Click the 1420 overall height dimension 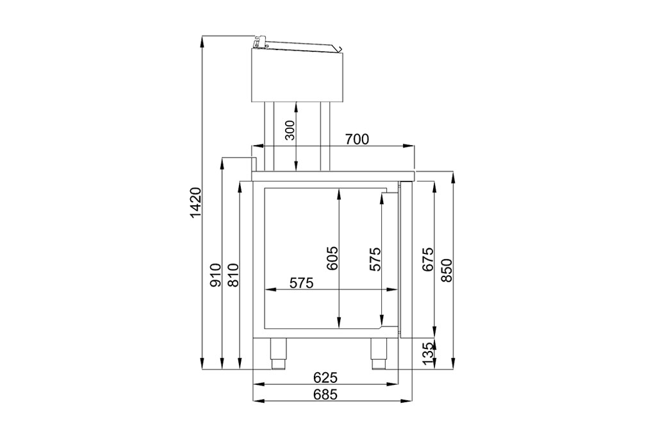(x=196, y=203)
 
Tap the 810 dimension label (x=233, y=275)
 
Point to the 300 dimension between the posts (x=290, y=130)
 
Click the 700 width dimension (x=357, y=139)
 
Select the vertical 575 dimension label (x=375, y=259)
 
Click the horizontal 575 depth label (x=301, y=283)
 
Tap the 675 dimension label (x=427, y=259)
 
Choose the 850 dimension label (x=447, y=270)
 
